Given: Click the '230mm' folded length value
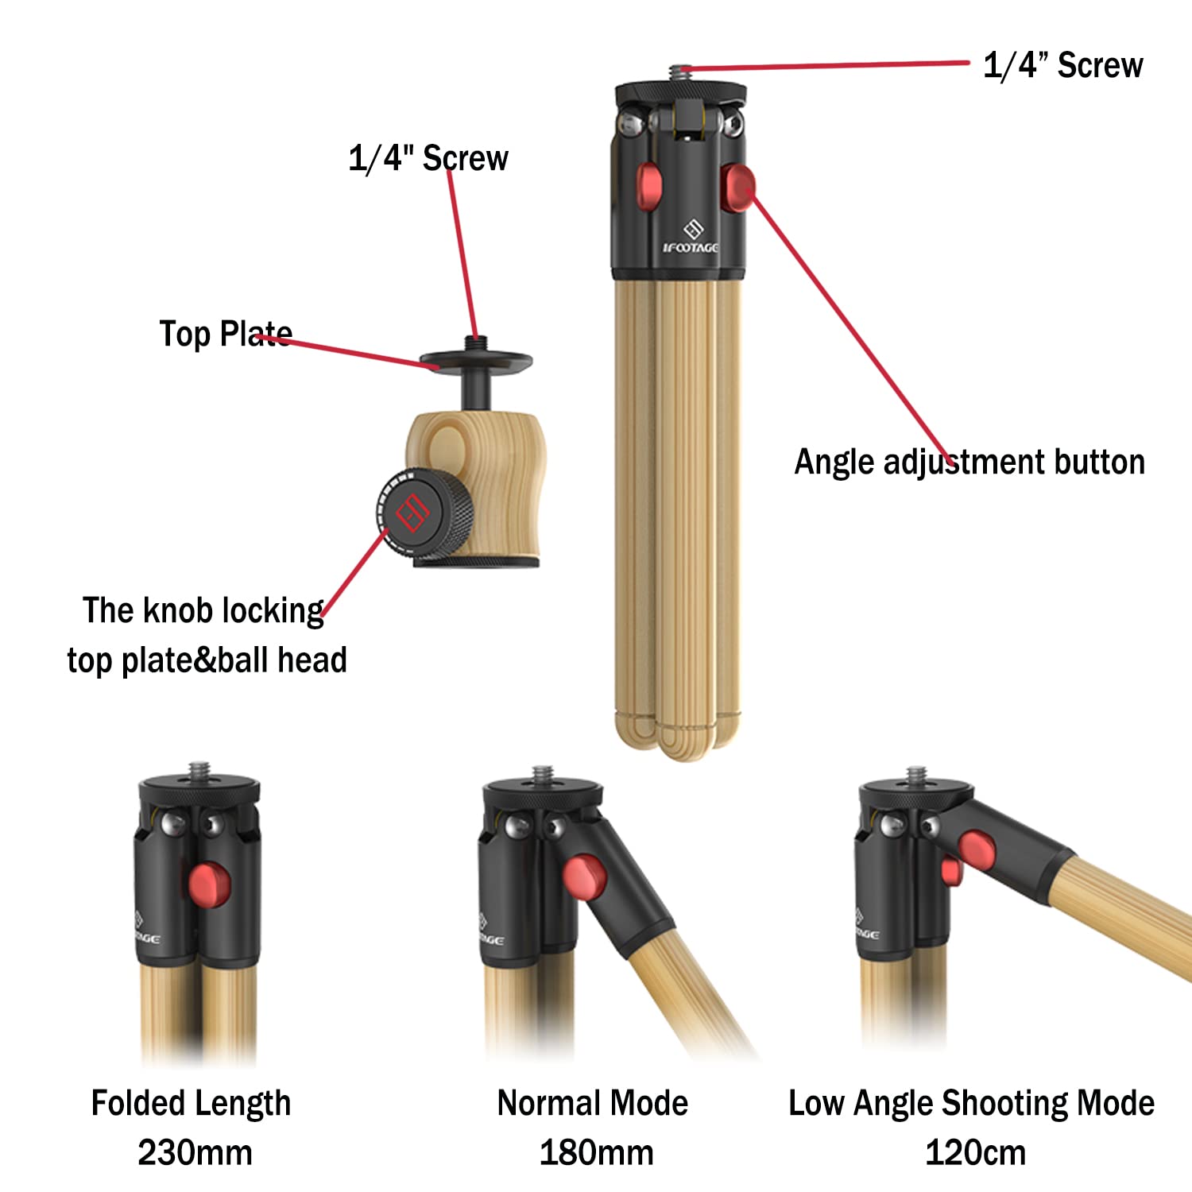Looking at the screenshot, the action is pos(195,1152).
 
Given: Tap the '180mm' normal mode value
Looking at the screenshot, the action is pos(596,1152).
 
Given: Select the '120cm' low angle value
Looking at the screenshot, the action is pos(975,1152).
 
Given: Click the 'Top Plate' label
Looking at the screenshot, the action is pos(226,334).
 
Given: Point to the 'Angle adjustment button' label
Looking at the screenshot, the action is pos(969,462).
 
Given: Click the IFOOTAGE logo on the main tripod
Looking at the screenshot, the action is pos(691,238).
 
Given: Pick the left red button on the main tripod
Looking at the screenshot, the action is pos(649,185).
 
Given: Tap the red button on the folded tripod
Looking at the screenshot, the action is pos(210,884).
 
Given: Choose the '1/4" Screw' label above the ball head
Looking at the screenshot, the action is pos(428,158).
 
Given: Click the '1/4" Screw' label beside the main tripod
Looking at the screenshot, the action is pos(1063,65).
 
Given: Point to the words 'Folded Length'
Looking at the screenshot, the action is pos(191,1104).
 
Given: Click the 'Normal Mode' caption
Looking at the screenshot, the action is pos(593,1103).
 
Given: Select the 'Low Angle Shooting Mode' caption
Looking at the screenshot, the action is pos(971,1104).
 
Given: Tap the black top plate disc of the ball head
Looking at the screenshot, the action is pos(476,361).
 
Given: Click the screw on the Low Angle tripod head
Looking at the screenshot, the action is pos(916,776).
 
